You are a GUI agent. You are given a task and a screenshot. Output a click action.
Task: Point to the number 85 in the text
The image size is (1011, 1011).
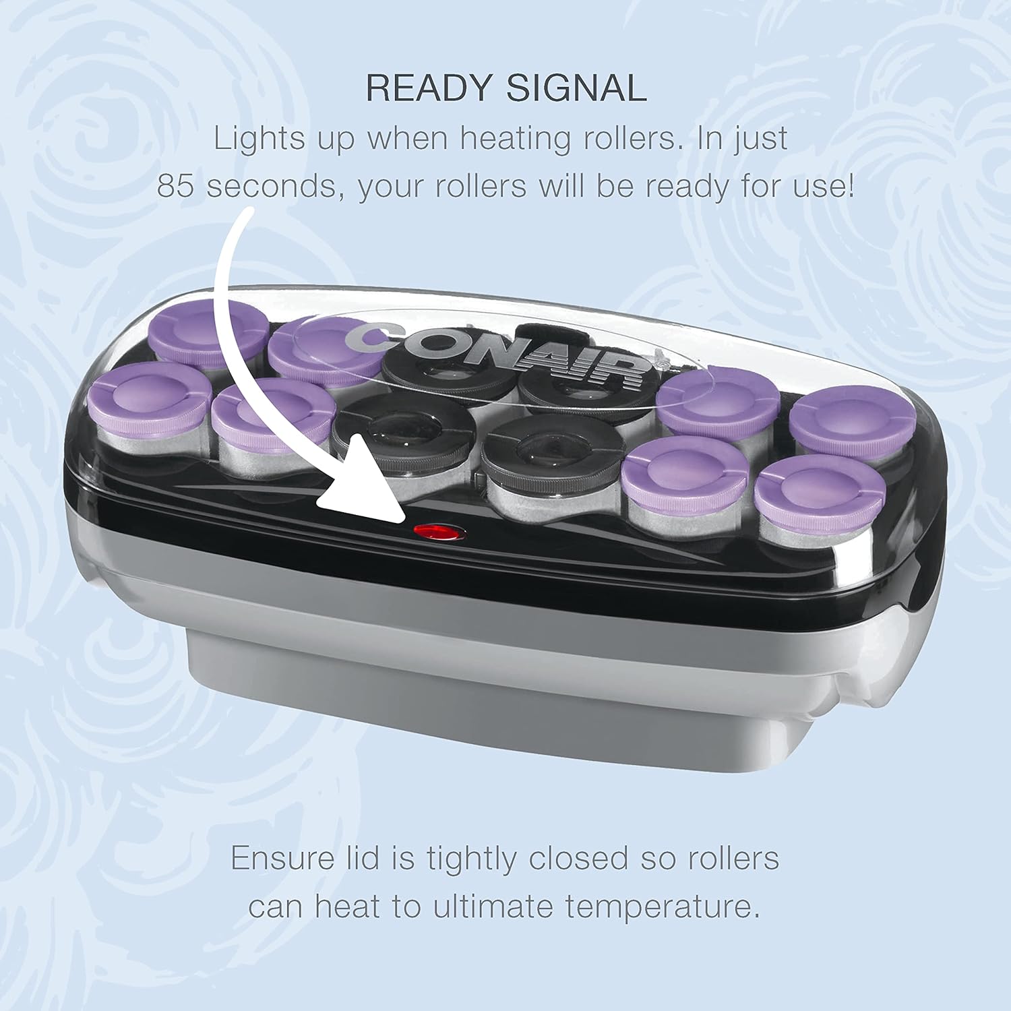coord(175,185)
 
